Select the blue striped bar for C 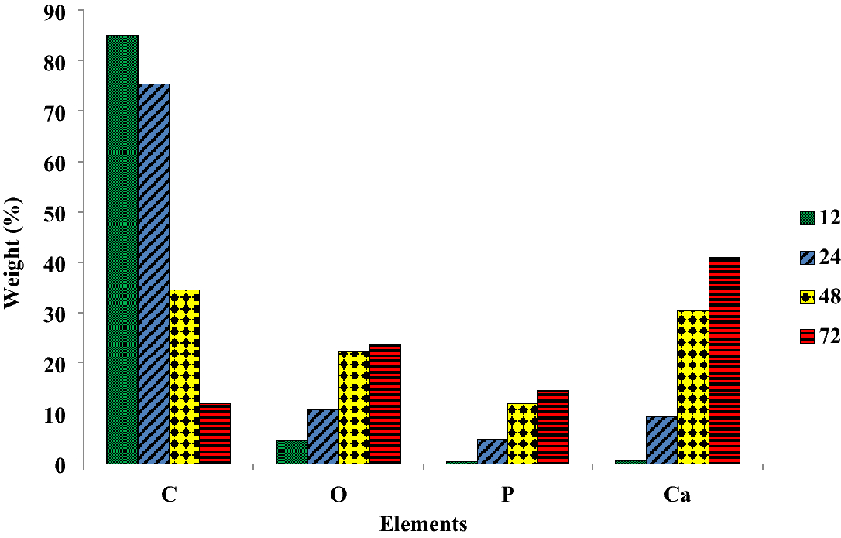[x=153, y=274]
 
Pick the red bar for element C [x=215, y=433]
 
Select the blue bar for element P [x=492, y=451]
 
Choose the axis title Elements [x=424, y=525]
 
